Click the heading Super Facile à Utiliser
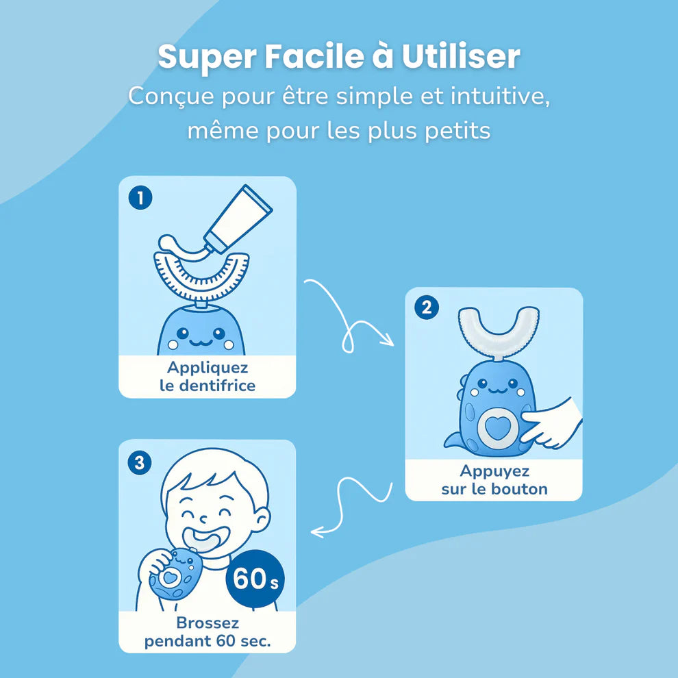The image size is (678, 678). click(x=339, y=58)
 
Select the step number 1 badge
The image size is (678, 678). click(x=140, y=199)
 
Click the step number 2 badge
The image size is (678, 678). click(x=426, y=307)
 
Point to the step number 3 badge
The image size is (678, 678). click(x=140, y=462)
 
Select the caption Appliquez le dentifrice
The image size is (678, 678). click(x=207, y=377)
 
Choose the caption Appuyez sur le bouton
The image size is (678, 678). click(x=494, y=480)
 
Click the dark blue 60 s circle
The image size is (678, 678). click(x=255, y=579)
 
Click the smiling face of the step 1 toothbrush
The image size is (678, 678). click(x=200, y=336)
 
